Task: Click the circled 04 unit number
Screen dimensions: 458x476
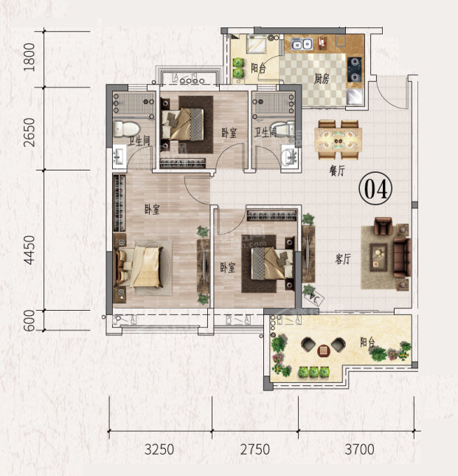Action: (x=375, y=188)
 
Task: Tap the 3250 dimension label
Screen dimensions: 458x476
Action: (x=159, y=449)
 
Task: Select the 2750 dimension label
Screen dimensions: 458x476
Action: (x=254, y=449)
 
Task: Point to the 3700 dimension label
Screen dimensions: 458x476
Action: (x=359, y=449)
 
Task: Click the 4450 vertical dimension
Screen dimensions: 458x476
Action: (x=30, y=250)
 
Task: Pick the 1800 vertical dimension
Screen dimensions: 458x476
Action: (x=30, y=57)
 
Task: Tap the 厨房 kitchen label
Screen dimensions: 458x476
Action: (x=322, y=79)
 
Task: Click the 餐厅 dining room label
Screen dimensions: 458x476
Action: (x=337, y=171)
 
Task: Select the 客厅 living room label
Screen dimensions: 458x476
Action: (x=343, y=259)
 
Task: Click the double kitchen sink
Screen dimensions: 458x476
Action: (x=302, y=44)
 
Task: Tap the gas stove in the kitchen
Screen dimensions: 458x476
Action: (x=354, y=69)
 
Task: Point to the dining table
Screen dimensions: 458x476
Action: (x=339, y=139)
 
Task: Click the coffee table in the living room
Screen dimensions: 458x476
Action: (x=378, y=258)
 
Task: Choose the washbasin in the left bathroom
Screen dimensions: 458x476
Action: (x=119, y=156)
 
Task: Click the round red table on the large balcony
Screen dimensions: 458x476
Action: (x=323, y=351)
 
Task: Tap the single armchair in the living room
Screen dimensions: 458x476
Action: (x=384, y=226)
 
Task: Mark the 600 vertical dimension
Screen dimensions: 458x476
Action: (x=30, y=320)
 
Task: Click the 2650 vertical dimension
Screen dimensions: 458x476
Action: (x=30, y=132)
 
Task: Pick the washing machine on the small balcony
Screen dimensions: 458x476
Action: (x=257, y=44)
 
